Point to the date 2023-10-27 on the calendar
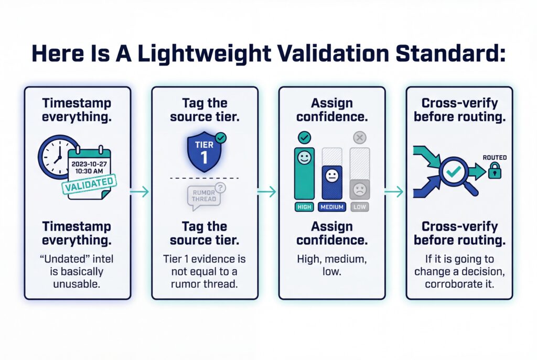click(89, 162)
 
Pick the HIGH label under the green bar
click(304, 207)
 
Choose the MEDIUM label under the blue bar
click(331, 207)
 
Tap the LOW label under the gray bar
click(359, 207)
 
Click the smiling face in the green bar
click(304, 158)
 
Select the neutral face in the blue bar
click(331, 175)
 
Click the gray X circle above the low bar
click(359, 138)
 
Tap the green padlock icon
click(494, 170)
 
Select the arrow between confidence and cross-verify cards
click(395, 192)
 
